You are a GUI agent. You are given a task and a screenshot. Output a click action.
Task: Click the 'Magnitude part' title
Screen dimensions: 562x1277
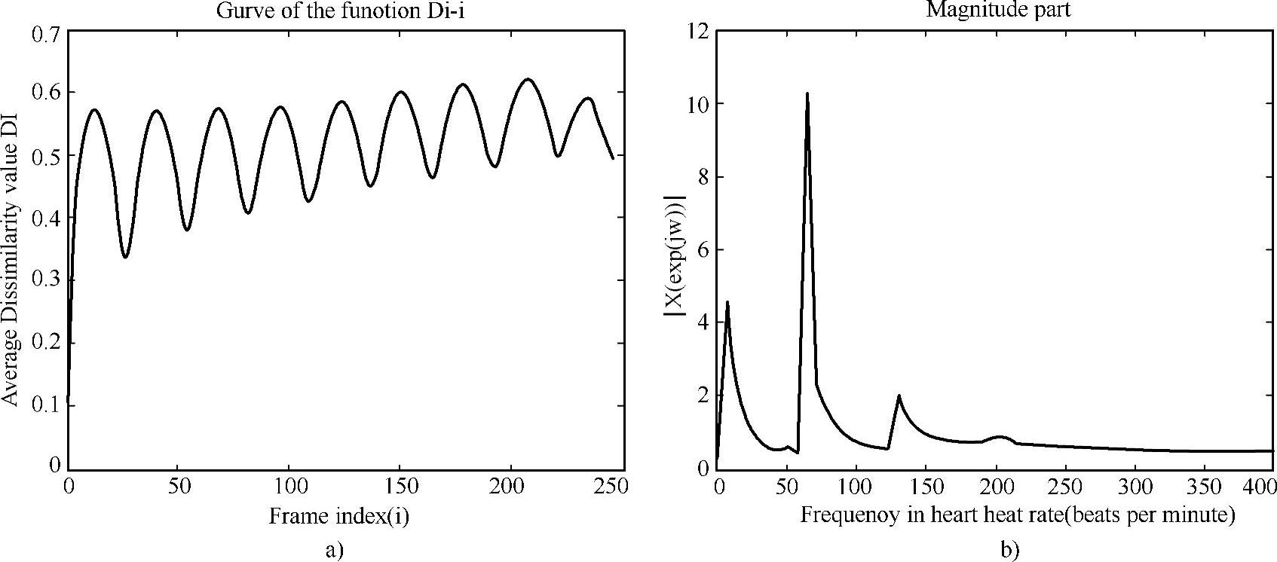point(998,11)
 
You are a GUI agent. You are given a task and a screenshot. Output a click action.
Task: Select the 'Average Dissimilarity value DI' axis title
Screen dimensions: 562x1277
point(11,249)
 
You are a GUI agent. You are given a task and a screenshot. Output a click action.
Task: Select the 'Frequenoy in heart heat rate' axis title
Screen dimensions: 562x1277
point(1018,516)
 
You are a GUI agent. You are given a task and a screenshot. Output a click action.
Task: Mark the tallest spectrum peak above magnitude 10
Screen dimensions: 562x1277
point(807,94)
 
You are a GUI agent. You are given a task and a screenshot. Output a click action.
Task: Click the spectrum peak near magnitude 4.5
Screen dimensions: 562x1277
point(727,303)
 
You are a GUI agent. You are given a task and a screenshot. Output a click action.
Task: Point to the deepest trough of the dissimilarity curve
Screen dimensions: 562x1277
point(125,257)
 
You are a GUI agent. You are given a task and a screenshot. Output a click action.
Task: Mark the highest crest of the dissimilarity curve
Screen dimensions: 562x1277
point(528,79)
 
